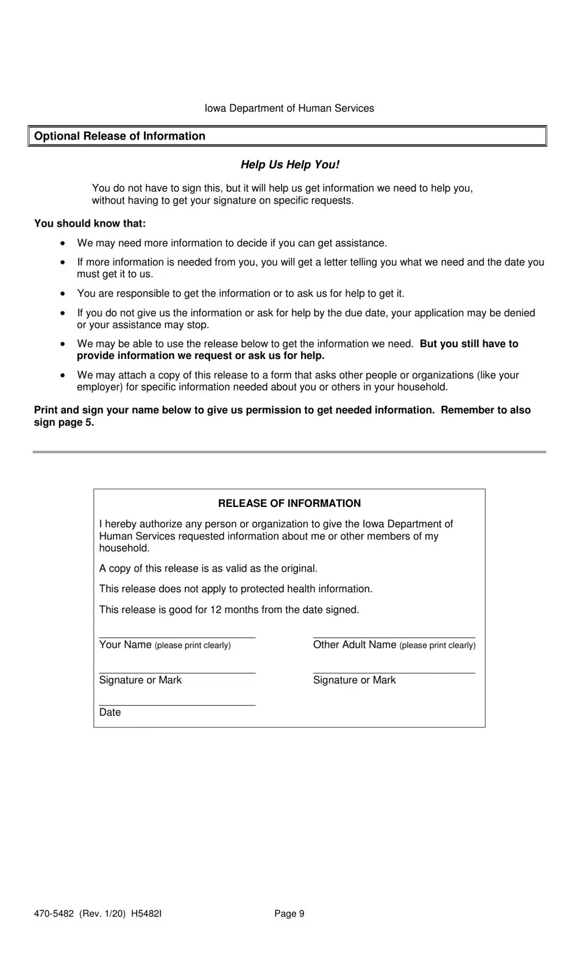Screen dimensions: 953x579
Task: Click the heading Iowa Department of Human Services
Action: coord(289,108)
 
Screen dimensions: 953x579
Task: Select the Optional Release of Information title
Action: coord(119,136)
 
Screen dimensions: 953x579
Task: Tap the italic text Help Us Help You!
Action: coord(289,165)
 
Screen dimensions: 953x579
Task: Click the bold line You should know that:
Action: coord(90,224)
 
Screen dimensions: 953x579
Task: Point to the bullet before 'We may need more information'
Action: coord(63,243)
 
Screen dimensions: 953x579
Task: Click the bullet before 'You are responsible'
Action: coord(63,294)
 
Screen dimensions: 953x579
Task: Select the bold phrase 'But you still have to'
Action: coord(469,344)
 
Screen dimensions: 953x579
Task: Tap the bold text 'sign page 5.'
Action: coord(64,422)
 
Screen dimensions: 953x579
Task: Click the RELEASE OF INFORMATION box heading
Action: coord(289,503)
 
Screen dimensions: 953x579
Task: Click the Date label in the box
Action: coord(110,712)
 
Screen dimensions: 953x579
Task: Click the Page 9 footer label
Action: coord(289,913)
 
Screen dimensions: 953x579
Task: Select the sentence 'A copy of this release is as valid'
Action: coord(208,569)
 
